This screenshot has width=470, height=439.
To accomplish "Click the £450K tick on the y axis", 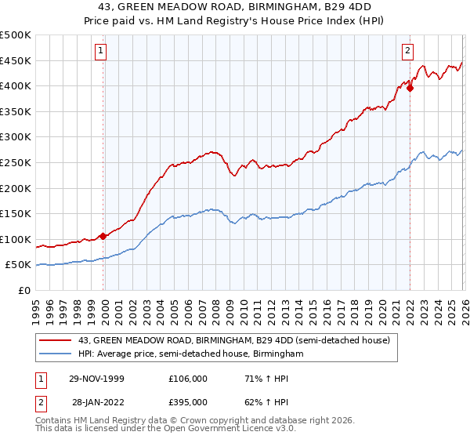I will pos(16,60).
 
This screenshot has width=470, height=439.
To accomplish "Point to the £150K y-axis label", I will pos(16,213).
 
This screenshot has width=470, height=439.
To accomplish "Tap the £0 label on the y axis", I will pos(24,290).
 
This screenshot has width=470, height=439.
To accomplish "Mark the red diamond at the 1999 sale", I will pos(103,236).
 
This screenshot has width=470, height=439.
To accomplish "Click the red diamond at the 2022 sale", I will pos(410,88).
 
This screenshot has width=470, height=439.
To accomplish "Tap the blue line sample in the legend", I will pos(56,354).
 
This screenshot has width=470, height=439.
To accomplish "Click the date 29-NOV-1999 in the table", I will pos(97,379).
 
